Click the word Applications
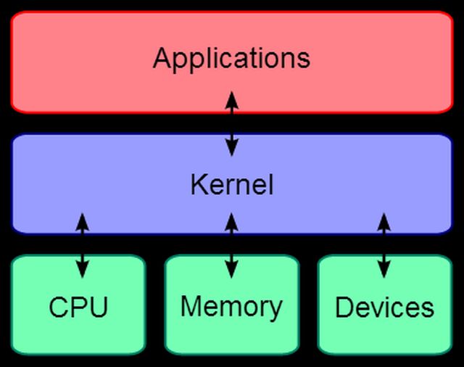coord(231,59)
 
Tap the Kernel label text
coord(232,184)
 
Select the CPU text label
coord(78,308)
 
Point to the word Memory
coord(231,308)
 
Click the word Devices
coord(384,308)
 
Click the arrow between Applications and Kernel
coord(232,124)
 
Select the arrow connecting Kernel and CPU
coord(82,245)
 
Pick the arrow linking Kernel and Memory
coord(231,245)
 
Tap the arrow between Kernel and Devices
coord(384,245)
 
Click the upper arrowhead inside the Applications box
coord(232,101)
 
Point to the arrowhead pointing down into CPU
coord(82,269)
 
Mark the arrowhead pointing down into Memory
coord(231,269)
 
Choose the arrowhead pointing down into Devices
coord(384,269)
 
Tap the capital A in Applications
coord(162,58)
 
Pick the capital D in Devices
coord(344,308)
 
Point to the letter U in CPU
coord(99,308)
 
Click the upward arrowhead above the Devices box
coord(384,222)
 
